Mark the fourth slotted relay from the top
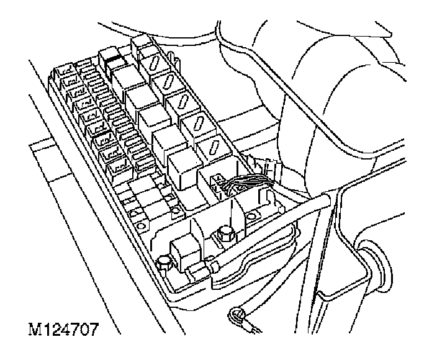coord(199,124)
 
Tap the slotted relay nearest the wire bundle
coord(213,147)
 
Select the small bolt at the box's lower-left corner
coord(163,263)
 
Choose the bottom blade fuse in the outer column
coord(117,168)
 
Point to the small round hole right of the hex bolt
coord(252,217)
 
